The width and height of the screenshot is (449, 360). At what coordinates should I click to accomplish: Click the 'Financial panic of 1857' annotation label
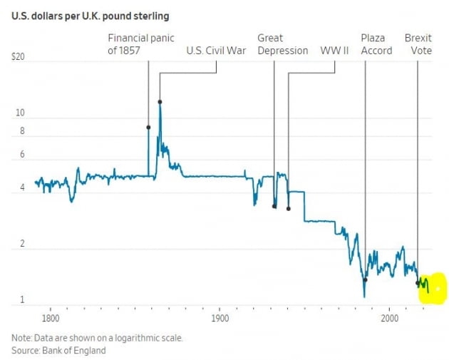(x=140, y=44)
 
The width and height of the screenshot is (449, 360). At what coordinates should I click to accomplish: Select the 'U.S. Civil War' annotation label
(x=216, y=51)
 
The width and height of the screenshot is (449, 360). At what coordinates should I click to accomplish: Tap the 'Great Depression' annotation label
(x=282, y=44)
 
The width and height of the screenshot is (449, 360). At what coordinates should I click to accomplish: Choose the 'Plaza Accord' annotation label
(x=376, y=44)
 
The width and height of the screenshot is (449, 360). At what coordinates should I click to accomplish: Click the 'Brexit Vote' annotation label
(x=418, y=44)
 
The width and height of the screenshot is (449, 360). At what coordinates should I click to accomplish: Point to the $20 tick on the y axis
(x=19, y=60)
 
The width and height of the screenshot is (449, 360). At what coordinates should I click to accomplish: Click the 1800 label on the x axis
(x=50, y=318)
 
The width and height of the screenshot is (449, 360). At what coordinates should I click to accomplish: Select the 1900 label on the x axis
(x=220, y=318)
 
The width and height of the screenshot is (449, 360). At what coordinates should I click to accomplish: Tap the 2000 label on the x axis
(x=390, y=318)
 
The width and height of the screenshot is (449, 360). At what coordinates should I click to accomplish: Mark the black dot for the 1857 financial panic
(x=148, y=128)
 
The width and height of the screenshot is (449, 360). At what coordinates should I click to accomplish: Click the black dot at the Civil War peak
(x=160, y=102)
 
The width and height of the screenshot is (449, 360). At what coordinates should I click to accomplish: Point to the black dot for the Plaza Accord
(x=365, y=279)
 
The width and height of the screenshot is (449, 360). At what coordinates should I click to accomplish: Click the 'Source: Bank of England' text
(x=58, y=350)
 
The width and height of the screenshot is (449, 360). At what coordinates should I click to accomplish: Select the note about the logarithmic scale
(x=97, y=338)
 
